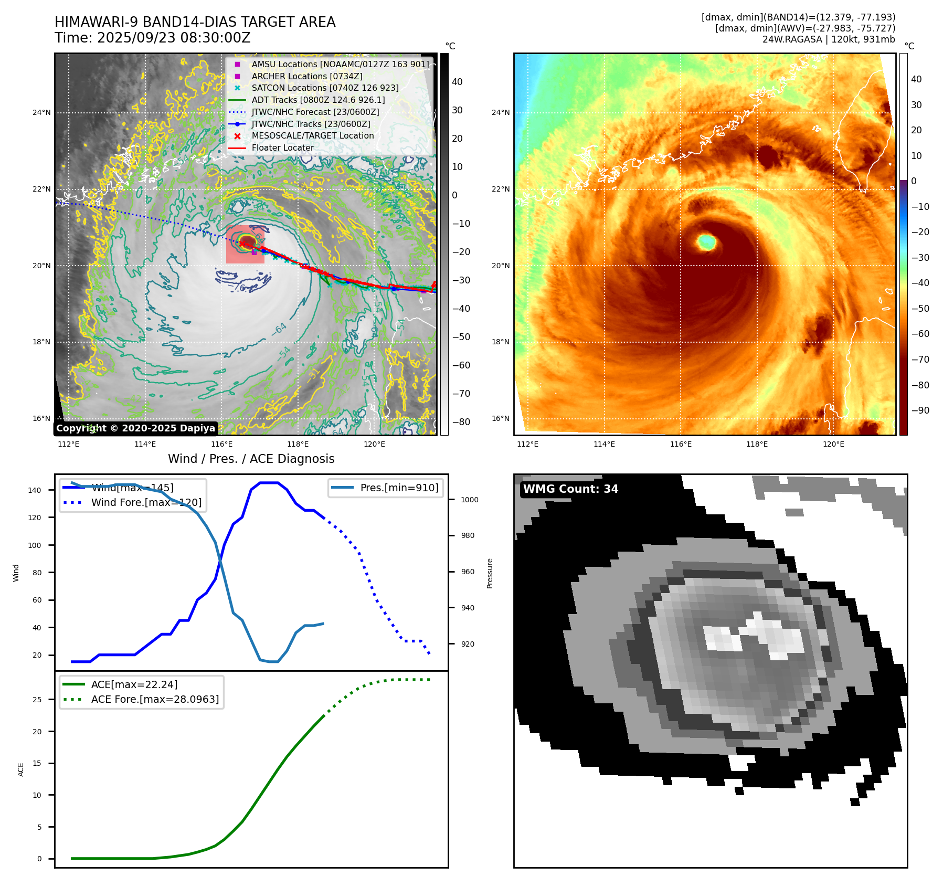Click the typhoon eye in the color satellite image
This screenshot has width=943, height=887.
click(x=707, y=242)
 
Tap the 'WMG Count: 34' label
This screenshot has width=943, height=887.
click(x=570, y=489)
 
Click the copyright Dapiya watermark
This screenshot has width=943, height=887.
click(x=135, y=428)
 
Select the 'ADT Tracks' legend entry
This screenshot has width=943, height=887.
click(x=318, y=100)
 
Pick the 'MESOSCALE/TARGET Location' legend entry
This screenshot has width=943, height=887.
click(x=313, y=135)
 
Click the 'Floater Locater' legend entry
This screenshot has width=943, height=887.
click(x=282, y=147)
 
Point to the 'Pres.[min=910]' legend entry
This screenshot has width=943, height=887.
click(x=399, y=488)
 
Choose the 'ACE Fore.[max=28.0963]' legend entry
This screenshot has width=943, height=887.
click(x=155, y=699)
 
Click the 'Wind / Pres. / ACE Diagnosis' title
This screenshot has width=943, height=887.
click(x=251, y=459)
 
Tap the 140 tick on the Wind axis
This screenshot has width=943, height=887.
click(x=35, y=490)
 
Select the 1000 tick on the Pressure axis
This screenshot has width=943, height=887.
click(x=469, y=500)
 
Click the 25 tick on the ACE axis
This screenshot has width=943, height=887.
click(x=37, y=700)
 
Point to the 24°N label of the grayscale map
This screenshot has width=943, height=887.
click(x=41, y=112)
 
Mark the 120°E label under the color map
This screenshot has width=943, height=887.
click(x=833, y=444)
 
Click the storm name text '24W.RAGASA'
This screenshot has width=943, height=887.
click(x=792, y=39)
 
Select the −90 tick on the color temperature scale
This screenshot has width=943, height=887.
click(x=920, y=410)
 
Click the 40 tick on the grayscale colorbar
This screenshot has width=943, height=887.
click(x=457, y=82)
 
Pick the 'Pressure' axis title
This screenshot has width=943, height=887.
click(x=490, y=573)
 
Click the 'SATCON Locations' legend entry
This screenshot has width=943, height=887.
click(x=325, y=88)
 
